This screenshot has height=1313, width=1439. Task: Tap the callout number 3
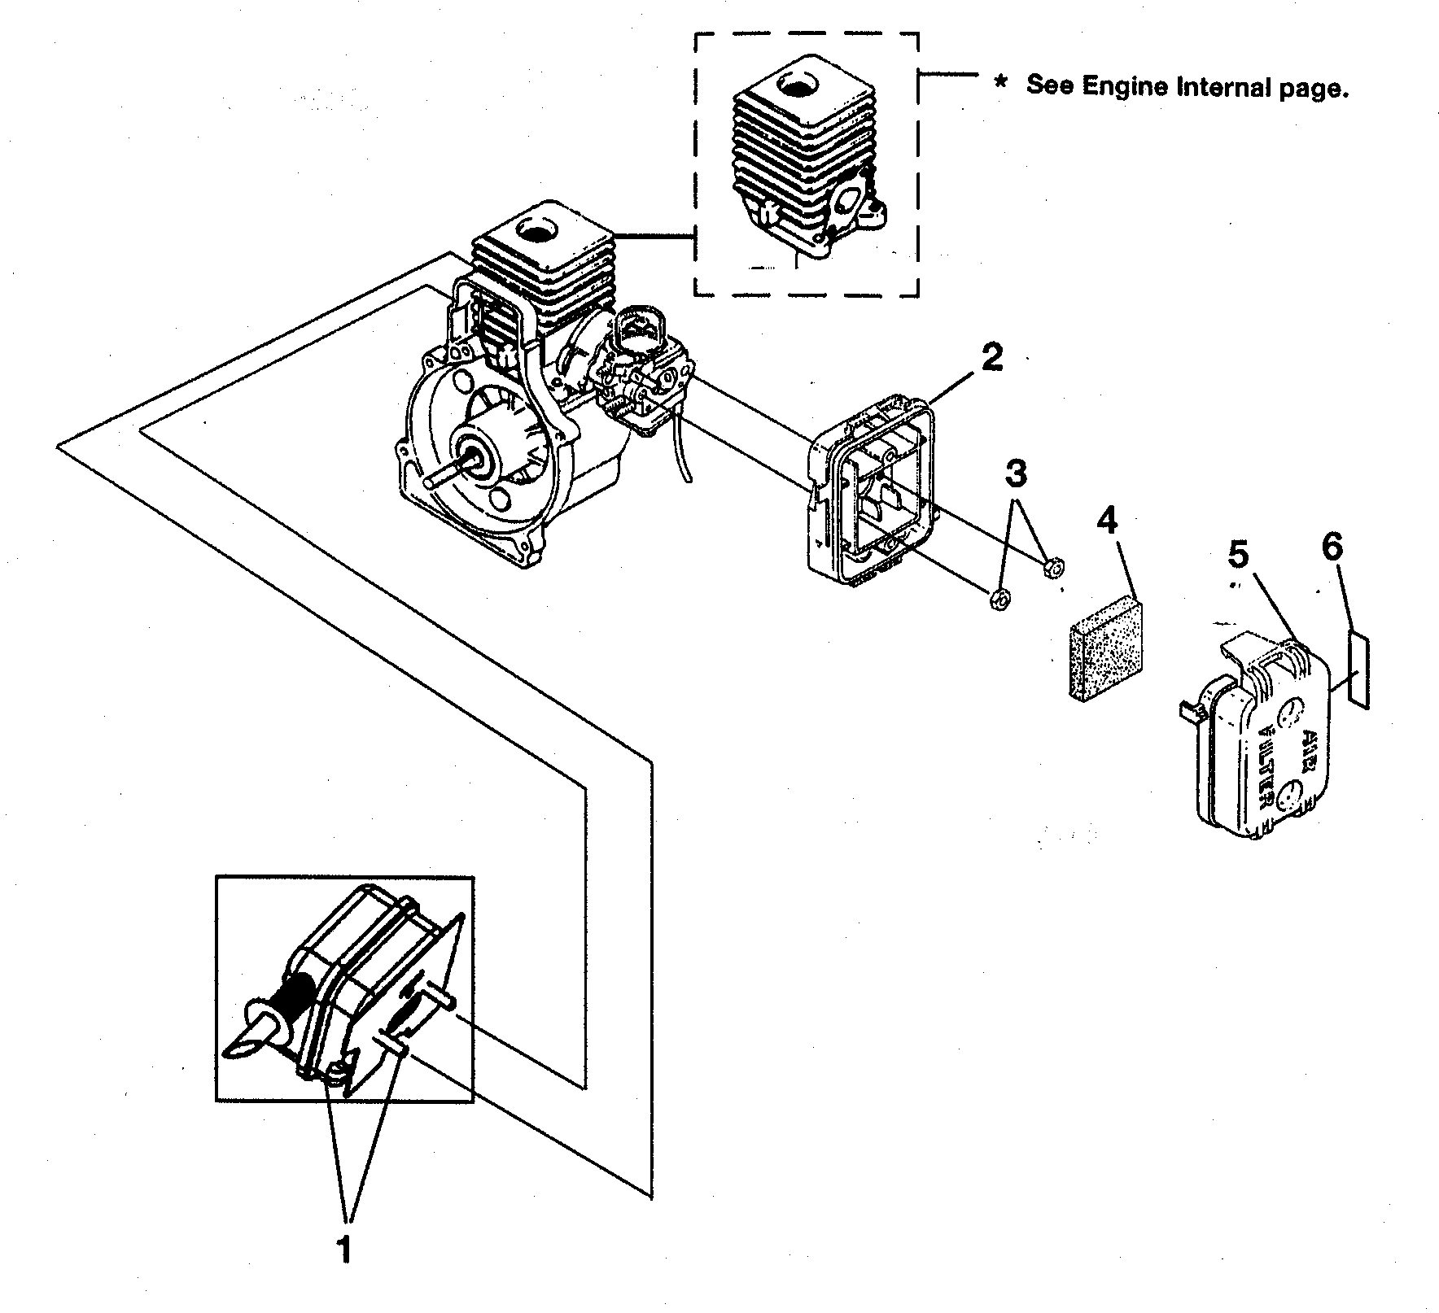pos(1017,473)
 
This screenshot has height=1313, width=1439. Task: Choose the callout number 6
pos(1331,547)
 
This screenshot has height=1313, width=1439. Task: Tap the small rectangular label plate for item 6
pos(1358,671)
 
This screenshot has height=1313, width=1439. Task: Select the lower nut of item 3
pos(999,601)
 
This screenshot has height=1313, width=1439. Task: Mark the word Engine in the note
pos(1125,86)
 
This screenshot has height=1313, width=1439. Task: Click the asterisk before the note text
pos(1000,83)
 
